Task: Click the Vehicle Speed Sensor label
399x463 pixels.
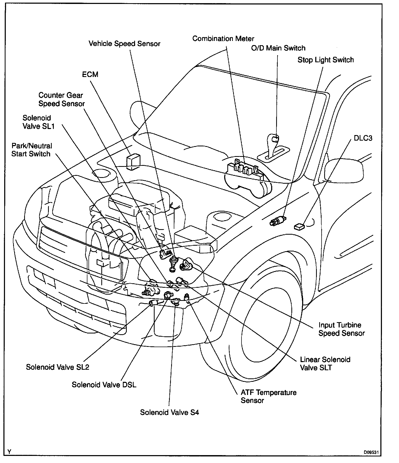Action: [124, 44]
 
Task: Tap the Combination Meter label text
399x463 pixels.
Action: [223, 39]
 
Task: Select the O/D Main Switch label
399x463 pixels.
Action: [278, 48]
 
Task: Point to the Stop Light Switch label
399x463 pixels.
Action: [325, 60]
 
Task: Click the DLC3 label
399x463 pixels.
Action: [363, 138]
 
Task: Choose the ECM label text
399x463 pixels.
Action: [90, 74]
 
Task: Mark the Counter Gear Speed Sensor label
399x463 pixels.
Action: [61, 99]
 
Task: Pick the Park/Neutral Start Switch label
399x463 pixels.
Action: [31, 150]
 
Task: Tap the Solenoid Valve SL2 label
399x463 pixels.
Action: [57, 367]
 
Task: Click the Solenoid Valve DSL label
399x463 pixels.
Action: [104, 385]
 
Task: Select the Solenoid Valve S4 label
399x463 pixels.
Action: [169, 412]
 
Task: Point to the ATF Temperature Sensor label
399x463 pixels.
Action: [269, 396]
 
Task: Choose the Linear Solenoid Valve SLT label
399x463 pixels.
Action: [325, 363]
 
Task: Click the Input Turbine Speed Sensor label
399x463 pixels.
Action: [341, 329]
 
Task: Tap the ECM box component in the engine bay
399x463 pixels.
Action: [133, 161]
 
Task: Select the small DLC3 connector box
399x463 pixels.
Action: [299, 226]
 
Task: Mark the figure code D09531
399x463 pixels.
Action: [371, 452]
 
